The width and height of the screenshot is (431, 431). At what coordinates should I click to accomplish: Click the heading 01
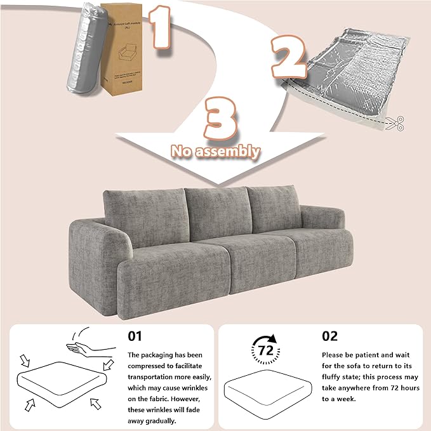(x=136, y=335)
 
